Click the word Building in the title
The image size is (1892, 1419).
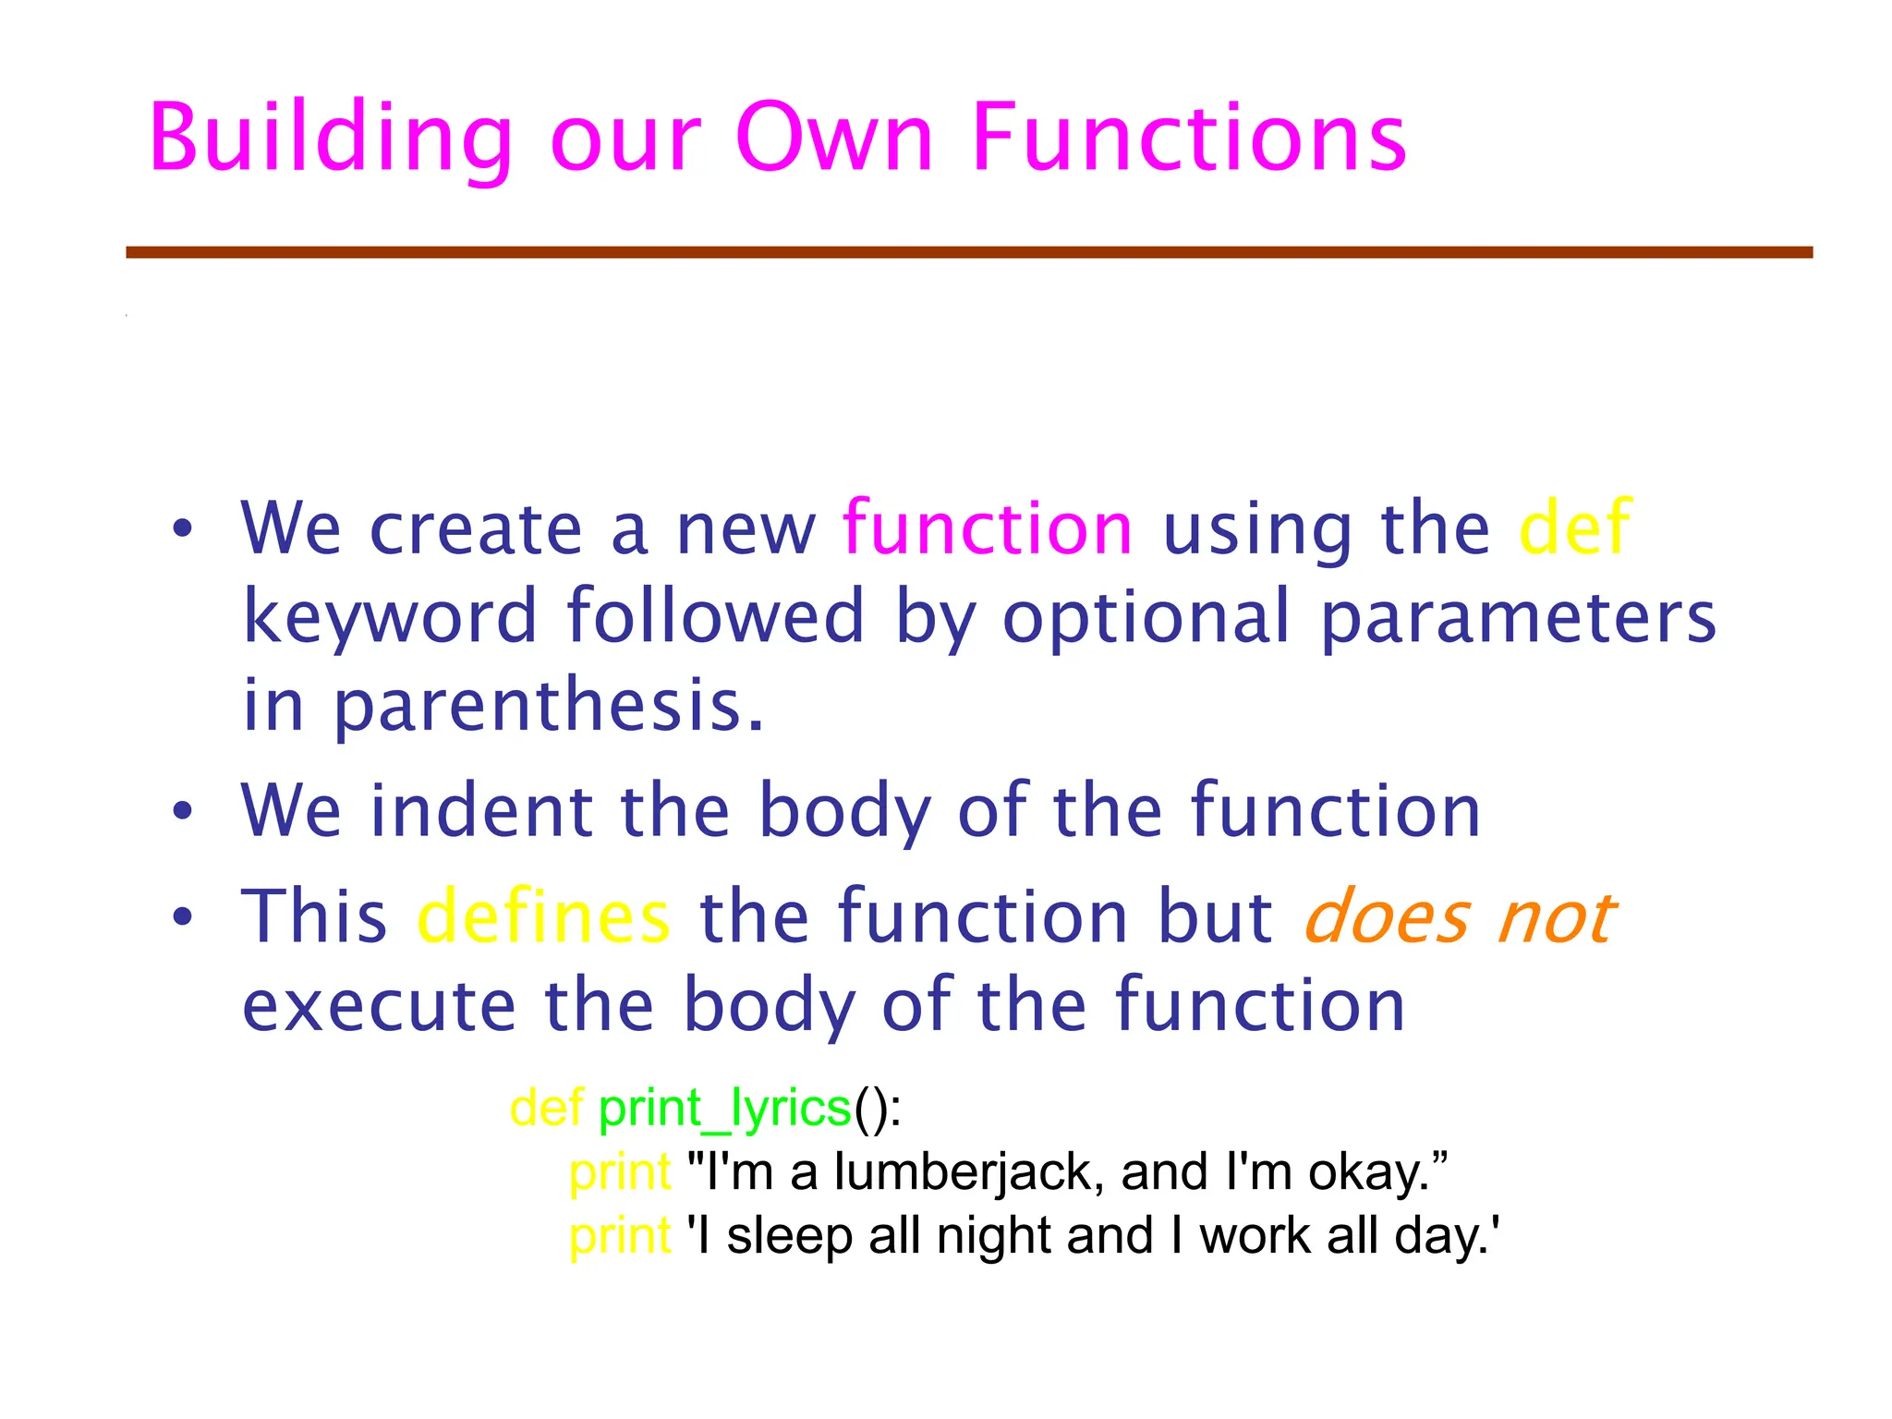pos(330,139)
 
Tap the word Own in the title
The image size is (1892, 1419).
pos(833,139)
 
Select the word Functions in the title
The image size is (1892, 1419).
pos(1189,139)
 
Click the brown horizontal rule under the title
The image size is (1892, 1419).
pos(969,252)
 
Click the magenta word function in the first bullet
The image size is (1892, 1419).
pos(988,528)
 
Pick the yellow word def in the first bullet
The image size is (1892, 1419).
pos(1575,528)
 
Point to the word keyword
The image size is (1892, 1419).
pos(389,616)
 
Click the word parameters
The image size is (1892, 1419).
pos(1518,616)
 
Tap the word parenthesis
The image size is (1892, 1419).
pos(549,705)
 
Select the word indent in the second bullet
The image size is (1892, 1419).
pos(481,810)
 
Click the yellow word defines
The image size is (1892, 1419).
pos(544,916)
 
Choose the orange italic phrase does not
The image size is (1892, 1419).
pos(1460,916)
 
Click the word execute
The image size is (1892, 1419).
pos(379,1004)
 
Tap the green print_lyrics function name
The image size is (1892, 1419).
pos(724,1107)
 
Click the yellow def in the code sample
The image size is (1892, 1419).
pos(546,1107)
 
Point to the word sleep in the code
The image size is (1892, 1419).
pos(789,1236)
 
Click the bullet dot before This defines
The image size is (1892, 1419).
pos(183,916)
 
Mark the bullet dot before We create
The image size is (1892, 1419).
pos(183,528)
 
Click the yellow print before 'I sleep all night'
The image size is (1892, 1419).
pos(620,1236)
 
